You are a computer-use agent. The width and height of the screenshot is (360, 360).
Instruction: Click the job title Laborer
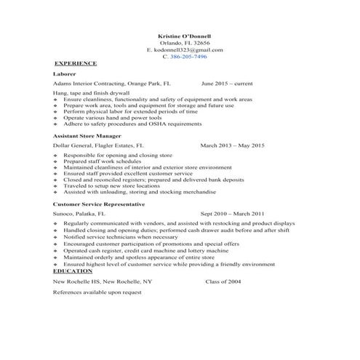click(x=64, y=73)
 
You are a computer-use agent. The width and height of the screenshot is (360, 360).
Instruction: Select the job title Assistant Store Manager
click(x=87, y=136)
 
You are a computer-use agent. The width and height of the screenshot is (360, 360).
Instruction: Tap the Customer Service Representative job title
click(x=99, y=204)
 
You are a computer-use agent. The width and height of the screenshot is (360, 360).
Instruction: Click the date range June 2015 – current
click(x=227, y=84)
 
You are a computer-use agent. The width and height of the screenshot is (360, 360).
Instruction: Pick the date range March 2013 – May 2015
click(x=232, y=145)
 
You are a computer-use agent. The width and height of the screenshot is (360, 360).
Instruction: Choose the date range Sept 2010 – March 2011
click(x=232, y=214)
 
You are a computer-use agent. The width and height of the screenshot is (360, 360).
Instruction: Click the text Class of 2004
click(x=226, y=280)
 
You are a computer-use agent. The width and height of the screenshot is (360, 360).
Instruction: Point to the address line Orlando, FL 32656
click(x=184, y=43)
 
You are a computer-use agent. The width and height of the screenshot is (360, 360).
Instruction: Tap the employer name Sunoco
click(x=63, y=214)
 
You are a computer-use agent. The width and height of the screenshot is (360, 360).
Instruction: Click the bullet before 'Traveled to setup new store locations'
click(x=56, y=185)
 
